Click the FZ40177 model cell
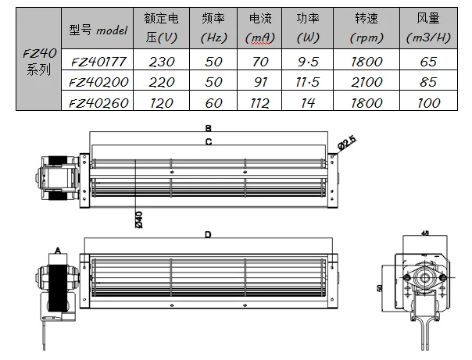click(98, 62)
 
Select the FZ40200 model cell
click(98, 82)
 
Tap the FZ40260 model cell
click(98, 103)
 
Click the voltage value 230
click(162, 62)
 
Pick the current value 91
click(260, 82)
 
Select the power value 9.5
click(308, 62)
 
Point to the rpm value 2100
click(367, 82)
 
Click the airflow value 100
click(429, 103)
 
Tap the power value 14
click(308, 103)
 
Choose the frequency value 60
click(213, 103)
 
